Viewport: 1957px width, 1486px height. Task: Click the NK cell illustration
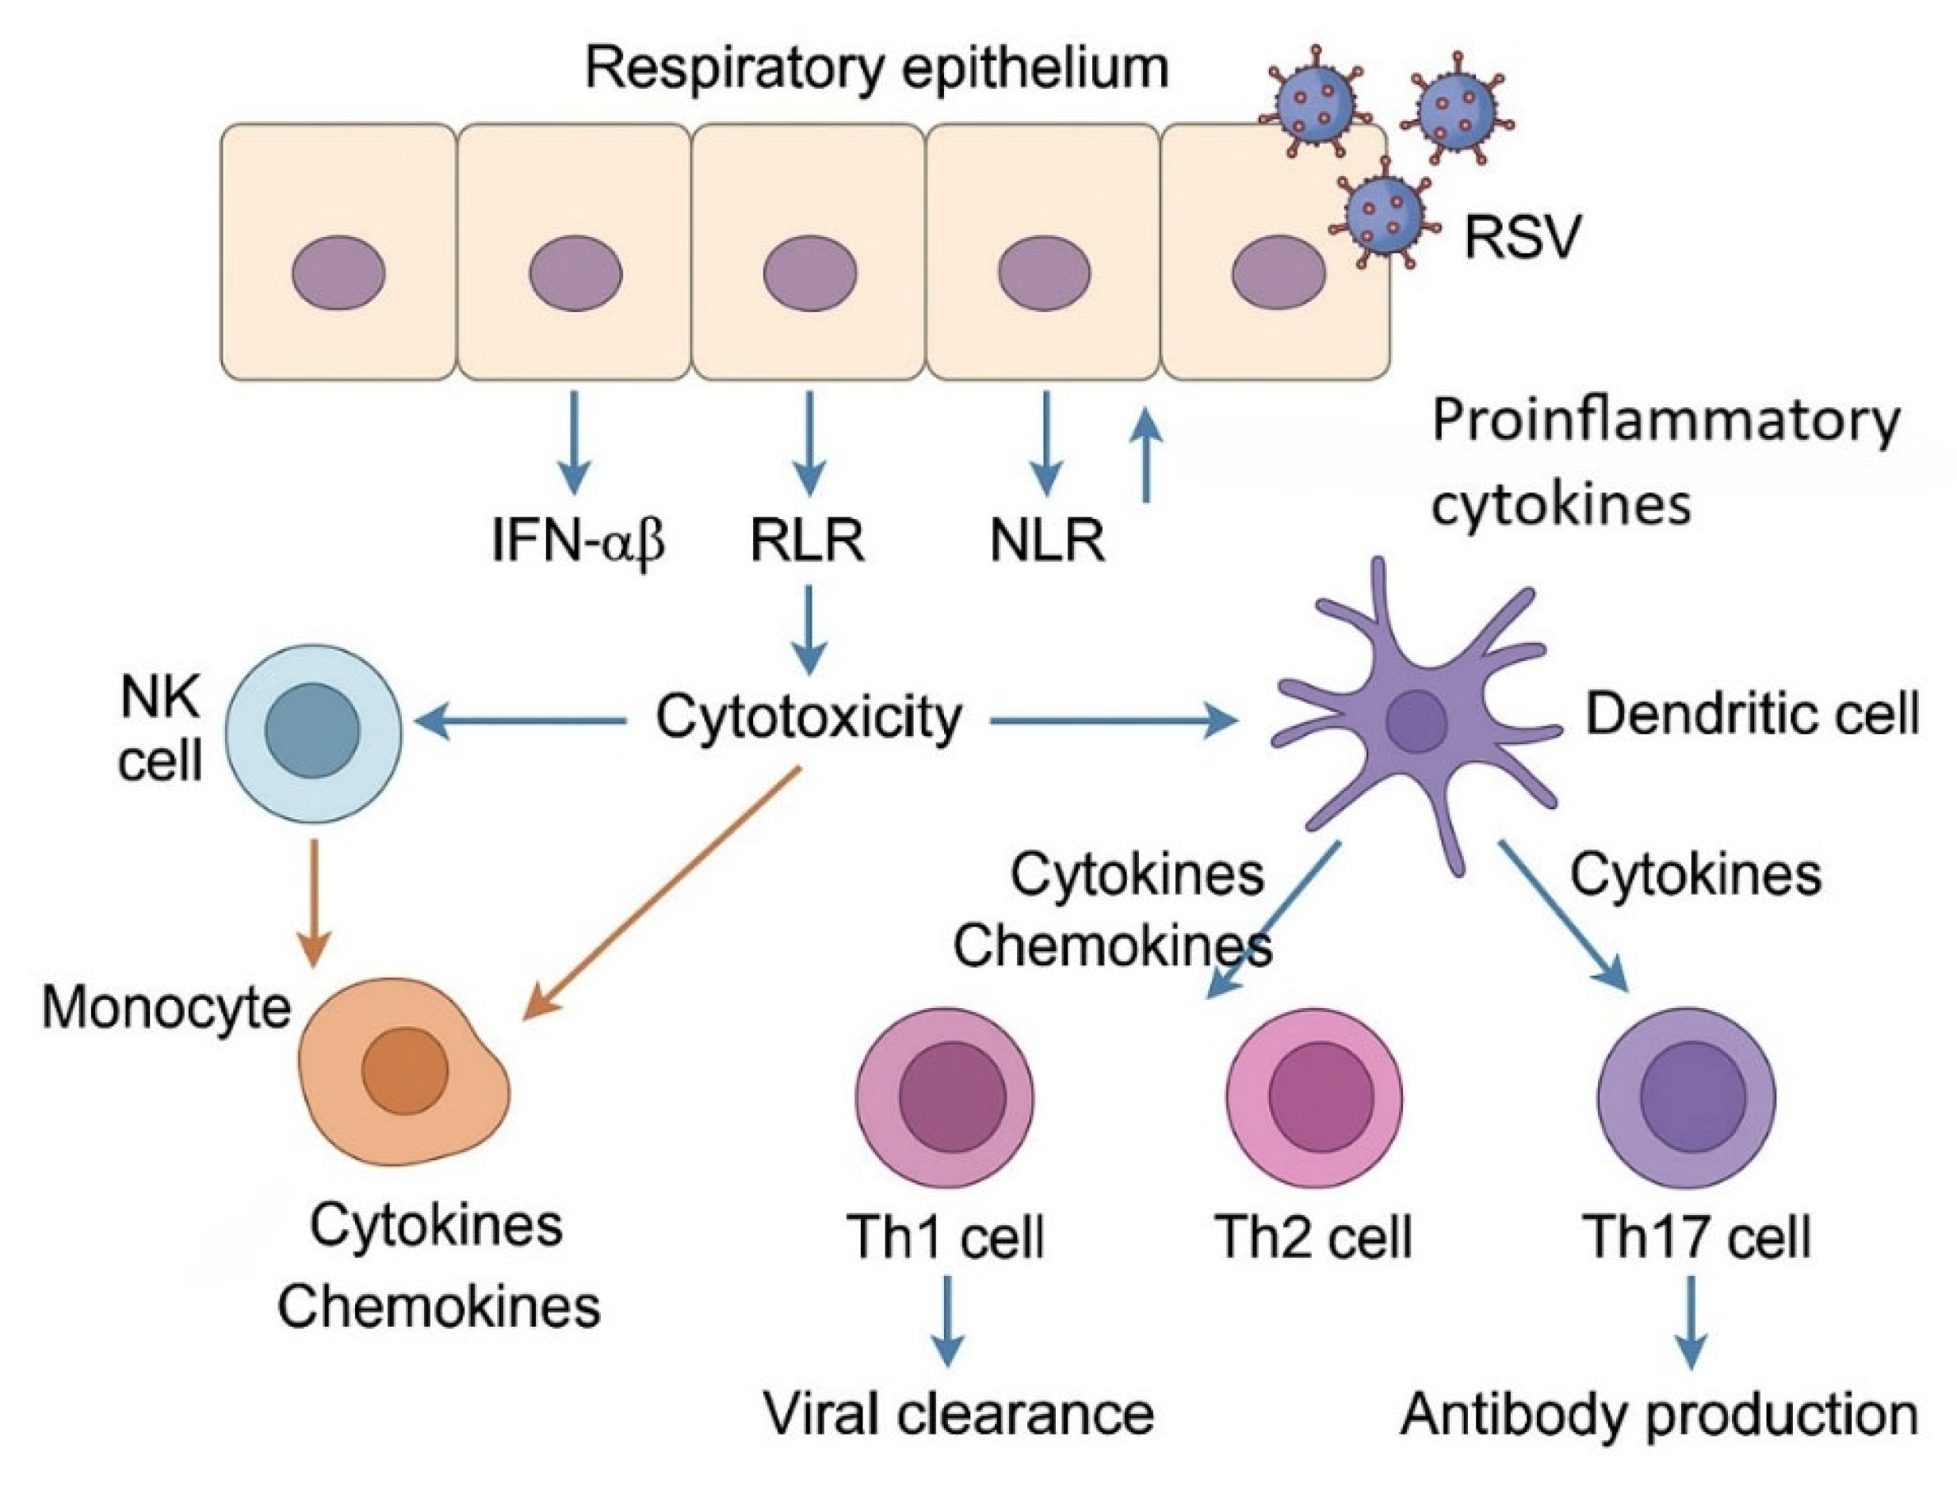[313, 732]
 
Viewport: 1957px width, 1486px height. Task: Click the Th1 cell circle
[945, 1096]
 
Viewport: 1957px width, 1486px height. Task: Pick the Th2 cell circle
[1315, 1096]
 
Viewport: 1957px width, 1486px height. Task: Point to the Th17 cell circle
[1686, 1096]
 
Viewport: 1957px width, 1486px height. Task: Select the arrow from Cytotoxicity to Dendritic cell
[1114, 722]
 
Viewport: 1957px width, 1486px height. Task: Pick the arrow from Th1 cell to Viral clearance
[947, 1320]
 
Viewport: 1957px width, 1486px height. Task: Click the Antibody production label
[1658, 1415]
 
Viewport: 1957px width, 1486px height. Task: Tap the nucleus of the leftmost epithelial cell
[338, 273]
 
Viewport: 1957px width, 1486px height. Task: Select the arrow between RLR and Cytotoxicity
[808, 630]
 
